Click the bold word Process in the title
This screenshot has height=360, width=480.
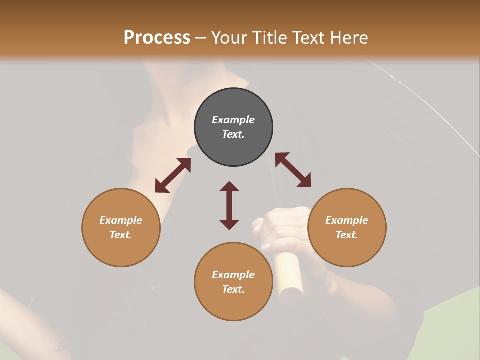(157, 37)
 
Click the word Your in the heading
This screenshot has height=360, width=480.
(228, 37)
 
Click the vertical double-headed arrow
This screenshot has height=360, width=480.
(229, 205)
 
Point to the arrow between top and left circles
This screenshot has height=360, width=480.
(173, 175)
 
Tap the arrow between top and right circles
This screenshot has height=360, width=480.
(293, 170)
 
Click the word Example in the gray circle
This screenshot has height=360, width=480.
(233, 120)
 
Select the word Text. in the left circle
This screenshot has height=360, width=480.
(121, 235)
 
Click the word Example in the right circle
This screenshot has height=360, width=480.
(347, 220)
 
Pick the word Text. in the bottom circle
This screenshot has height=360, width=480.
(233, 289)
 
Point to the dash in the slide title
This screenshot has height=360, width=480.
(201, 38)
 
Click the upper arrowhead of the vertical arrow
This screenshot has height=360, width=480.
(229, 187)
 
